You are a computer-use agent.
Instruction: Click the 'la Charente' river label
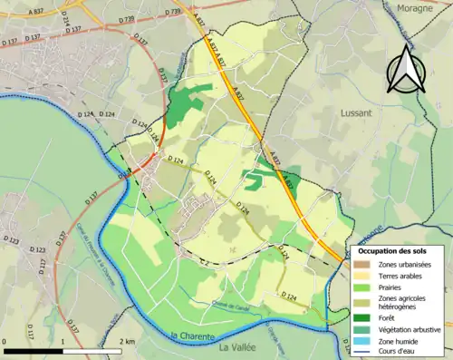click(x=193, y=336)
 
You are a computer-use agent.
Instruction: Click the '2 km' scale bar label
click(x=128, y=341)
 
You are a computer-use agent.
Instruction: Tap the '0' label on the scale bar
click(x=5, y=341)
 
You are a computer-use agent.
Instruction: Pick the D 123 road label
click(x=13, y=241)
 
